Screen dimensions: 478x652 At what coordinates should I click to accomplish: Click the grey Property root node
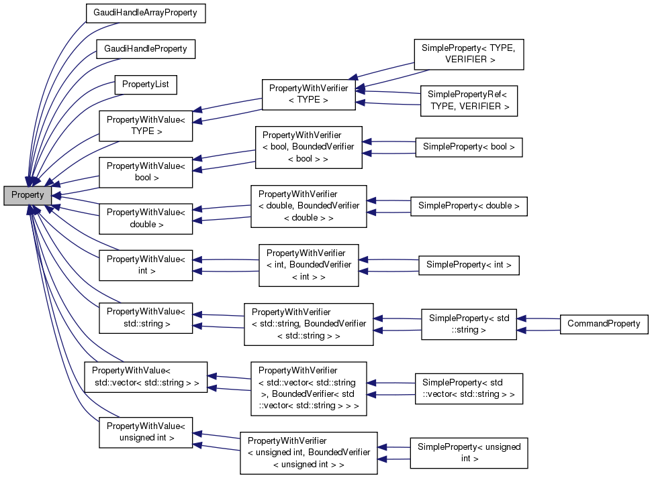click(x=28, y=195)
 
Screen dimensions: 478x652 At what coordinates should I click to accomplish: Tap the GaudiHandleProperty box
click(x=145, y=49)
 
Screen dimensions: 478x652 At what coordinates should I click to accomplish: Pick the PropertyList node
click(x=145, y=84)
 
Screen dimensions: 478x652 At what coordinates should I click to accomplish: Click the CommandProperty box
click(x=603, y=324)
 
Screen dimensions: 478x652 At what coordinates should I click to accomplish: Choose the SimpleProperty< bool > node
click(x=469, y=147)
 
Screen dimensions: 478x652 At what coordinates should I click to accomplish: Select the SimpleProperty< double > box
click(x=469, y=206)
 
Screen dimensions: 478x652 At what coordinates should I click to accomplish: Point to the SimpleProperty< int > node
click(x=469, y=265)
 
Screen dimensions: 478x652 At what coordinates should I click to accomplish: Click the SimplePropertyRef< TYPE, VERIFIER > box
click(x=469, y=101)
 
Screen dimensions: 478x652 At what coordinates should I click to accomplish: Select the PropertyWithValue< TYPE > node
click(x=146, y=125)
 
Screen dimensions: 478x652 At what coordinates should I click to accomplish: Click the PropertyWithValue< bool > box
click(x=146, y=172)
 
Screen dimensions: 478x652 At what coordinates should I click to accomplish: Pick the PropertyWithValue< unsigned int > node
click(x=146, y=432)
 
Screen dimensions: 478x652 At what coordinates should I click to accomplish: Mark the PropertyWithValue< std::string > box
click(x=146, y=318)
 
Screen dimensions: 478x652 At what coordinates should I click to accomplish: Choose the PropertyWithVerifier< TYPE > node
click(x=308, y=94)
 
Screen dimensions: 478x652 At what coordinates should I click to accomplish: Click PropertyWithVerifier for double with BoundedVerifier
click(x=308, y=206)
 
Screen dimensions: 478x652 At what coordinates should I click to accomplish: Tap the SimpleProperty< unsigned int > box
click(x=469, y=453)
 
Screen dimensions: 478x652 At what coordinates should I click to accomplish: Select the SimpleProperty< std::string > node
click(x=469, y=324)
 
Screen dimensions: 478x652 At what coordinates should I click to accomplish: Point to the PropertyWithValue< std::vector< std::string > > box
click(x=145, y=377)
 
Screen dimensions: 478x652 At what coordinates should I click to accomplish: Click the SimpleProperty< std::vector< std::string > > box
click(x=469, y=388)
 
